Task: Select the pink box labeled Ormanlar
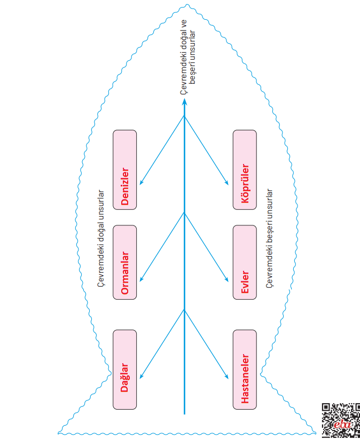coord(125,262)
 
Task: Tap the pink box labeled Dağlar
coord(125,370)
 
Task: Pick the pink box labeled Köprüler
coord(245,170)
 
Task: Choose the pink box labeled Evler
coord(245,262)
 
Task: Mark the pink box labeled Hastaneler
coord(245,370)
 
